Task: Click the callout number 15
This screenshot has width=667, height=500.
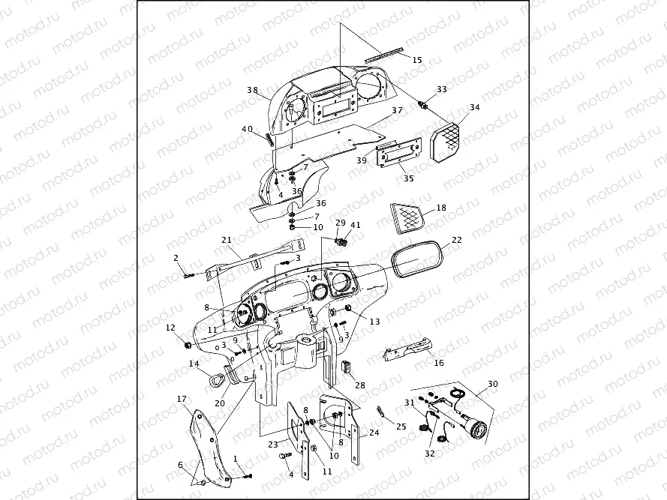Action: tap(417, 59)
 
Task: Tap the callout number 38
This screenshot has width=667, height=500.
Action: tap(253, 90)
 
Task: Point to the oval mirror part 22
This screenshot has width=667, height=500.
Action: tap(416, 259)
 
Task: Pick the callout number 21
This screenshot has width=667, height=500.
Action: tap(226, 240)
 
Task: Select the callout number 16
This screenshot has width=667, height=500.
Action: tap(439, 363)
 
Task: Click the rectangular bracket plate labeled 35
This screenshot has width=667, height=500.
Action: tap(397, 158)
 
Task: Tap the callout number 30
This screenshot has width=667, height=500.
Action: tap(492, 384)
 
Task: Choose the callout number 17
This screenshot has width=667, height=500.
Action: tap(181, 398)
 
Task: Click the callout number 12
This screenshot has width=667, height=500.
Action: tap(170, 328)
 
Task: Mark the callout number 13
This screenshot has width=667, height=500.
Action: tap(375, 321)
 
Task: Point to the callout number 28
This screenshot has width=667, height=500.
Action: tap(360, 385)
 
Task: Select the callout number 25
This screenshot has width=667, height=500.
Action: tap(401, 427)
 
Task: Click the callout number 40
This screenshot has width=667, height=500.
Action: tap(247, 129)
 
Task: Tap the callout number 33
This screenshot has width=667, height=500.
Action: tap(441, 89)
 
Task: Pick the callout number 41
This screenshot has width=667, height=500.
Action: tap(356, 224)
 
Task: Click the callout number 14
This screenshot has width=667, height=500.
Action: tap(194, 364)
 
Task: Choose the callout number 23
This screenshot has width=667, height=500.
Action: tap(273, 443)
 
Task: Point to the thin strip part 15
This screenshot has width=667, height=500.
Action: tap(386, 53)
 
